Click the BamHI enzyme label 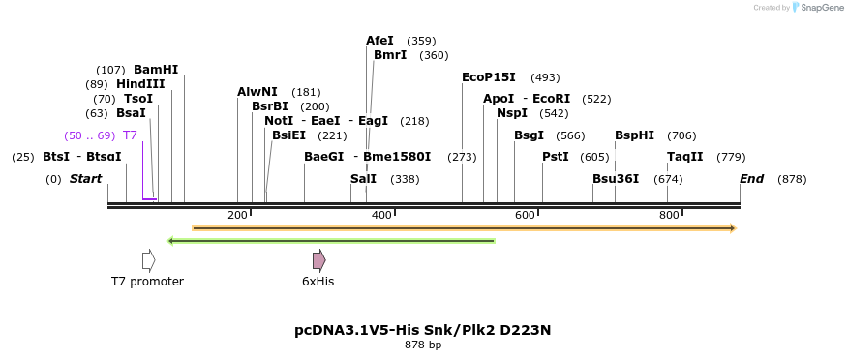(x=156, y=70)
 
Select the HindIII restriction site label (x=140, y=84)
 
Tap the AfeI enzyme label (x=379, y=41)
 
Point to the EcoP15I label (x=489, y=77)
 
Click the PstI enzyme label (x=555, y=157)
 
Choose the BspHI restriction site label (x=634, y=135)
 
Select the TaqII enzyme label (x=684, y=157)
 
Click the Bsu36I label (x=616, y=179)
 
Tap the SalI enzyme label (x=363, y=179)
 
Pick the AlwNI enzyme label (x=257, y=92)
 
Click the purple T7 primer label (x=130, y=135)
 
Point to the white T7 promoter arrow (x=148, y=260)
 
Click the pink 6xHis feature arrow (x=318, y=260)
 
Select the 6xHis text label (x=318, y=282)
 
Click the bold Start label (x=85, y=179)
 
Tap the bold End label (x=751, y=179)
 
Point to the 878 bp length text (x=423, y=345)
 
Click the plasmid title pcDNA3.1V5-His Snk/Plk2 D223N (x=423, y=330)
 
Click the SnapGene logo (x=817, y=8)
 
